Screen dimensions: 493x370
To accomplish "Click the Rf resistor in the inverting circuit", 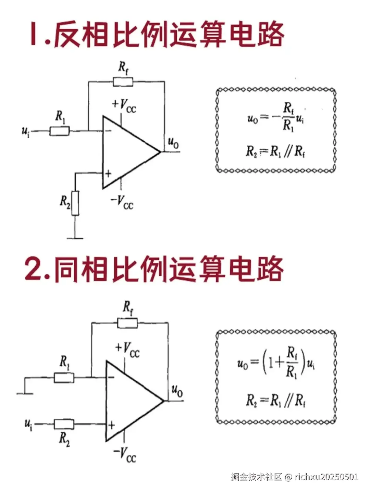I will click(x=123, y=82).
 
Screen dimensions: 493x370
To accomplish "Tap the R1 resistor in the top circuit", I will click(x=60, y=131).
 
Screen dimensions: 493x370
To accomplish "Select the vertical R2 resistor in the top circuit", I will click(x=75, y=203).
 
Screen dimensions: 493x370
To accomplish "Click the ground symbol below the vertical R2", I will click(x=75, y=237).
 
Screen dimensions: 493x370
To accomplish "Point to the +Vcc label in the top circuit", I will click(x=124, y=105).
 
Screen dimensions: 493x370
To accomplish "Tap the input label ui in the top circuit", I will click(x=26, y=131).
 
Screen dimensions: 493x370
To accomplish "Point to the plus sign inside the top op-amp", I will click(x=108, y=174).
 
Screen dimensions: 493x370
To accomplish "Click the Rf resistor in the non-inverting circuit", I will click(x=127, y=323).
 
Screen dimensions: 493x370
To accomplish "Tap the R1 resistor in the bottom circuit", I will click(x=64, y=378).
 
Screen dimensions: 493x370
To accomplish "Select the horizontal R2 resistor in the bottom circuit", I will click(x=64, y=425).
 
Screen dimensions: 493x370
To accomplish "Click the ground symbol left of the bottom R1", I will click(x=25, y=393).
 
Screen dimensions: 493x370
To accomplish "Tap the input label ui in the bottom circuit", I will click(x=28, y=425).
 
